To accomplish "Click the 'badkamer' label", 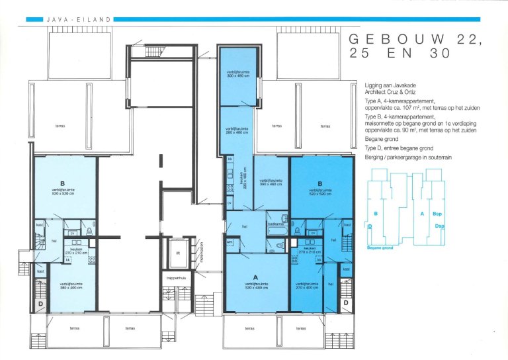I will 276,224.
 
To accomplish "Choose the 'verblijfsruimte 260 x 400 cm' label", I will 236,130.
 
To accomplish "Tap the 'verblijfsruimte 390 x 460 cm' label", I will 271,182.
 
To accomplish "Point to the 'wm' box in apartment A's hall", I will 230,242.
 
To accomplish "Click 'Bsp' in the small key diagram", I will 437,214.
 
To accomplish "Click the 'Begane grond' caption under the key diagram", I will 380,247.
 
